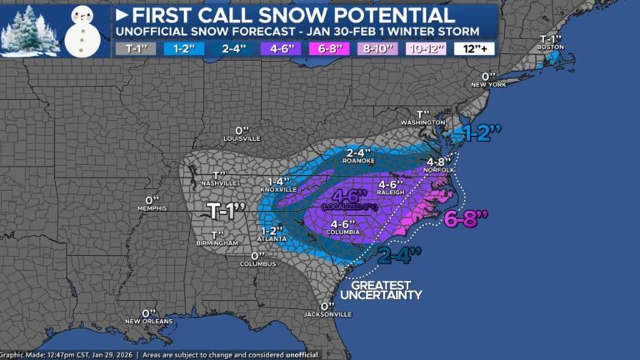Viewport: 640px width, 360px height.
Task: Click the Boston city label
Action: coord(547,47)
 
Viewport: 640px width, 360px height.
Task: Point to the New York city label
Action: coord(488,85)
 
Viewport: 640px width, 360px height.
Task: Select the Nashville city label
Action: coord(221,182)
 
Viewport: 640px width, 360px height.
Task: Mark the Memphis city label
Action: coord(152,209)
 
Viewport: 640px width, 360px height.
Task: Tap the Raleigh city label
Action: coord(392,191)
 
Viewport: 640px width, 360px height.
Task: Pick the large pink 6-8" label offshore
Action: coord(468,221)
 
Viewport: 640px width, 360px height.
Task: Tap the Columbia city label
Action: coord(344,232)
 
